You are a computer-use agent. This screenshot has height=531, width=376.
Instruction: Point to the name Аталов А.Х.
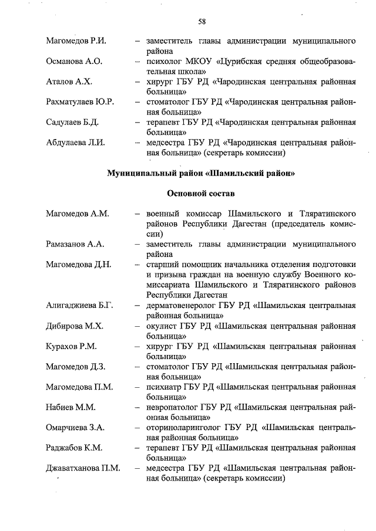pos(69,82)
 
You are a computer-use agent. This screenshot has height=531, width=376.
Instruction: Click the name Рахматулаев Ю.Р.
pos(80,102)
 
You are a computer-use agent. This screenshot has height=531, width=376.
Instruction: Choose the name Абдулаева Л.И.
pos(75,143)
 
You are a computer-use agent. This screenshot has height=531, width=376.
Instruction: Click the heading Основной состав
pos(201,193)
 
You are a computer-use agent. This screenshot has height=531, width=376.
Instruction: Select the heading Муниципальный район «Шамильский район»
pos(201,173)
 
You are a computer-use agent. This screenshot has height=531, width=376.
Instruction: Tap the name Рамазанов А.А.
pos(75,244)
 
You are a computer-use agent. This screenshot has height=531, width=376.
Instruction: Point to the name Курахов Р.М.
pos(71,346)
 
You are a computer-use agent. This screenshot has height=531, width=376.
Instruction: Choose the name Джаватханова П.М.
pos(83,468)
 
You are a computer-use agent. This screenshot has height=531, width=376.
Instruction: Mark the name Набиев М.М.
pos(70,407)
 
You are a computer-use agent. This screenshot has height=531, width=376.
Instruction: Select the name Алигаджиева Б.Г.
pos(79,305)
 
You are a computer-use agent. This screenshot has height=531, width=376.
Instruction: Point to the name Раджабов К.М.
pos(74,448)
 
